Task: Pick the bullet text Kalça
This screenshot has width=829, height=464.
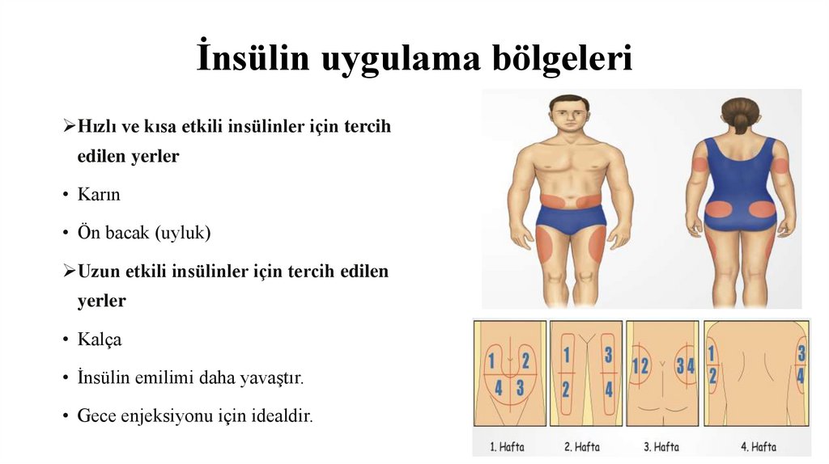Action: click(x=100, y=340)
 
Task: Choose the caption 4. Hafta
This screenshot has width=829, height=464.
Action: click(x=758, y=446)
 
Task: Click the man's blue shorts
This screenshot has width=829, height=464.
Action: click(x=572, y=218)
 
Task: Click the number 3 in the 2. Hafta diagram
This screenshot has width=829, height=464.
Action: click(x=608, y=355)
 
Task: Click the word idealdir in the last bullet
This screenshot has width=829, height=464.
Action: click(x=281, y=416)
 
